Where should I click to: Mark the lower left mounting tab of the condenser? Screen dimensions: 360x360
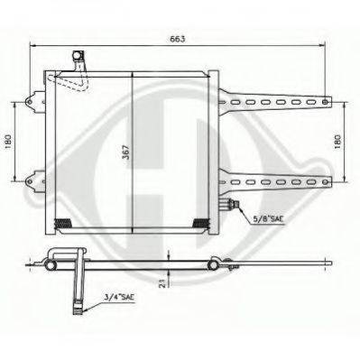(x=35, y=177)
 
